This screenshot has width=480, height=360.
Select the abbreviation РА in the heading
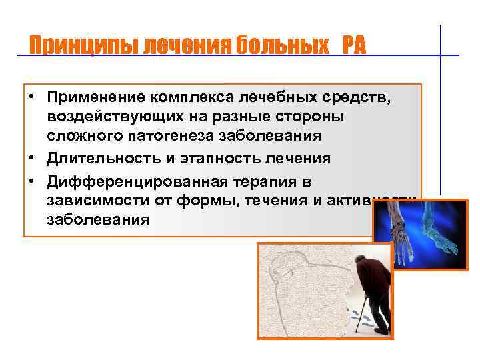click(x=355, y=46)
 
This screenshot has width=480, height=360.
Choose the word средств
click(x=360, y=99)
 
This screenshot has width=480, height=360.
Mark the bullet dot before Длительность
click(x=31, y=158)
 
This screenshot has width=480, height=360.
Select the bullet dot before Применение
click(x=31, y=99)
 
